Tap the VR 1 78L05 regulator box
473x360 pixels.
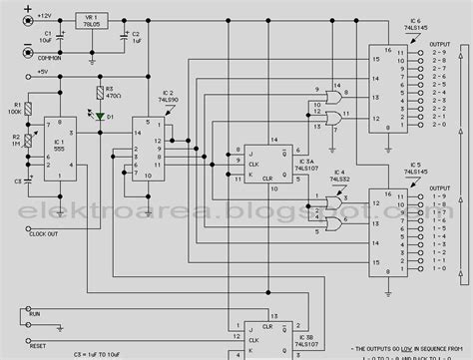click(96, 25)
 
